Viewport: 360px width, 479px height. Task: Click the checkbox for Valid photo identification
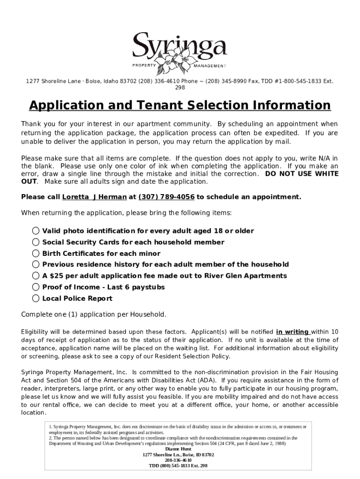click(36, 231)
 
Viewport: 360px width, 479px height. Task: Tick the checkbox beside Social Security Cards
click(36, 242)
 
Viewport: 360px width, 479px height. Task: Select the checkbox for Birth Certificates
click(36, 253)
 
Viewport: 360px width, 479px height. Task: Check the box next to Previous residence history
click(36, 264)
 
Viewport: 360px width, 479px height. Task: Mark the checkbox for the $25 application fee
click(36, 276)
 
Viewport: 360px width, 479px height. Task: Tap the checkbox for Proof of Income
click(36, 287)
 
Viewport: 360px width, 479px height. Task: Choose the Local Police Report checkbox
click(36, 298)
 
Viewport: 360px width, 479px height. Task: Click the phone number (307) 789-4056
click(166, 197)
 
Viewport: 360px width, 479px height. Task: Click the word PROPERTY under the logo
click(144, 65)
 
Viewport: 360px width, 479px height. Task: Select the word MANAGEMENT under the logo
click(210, 66)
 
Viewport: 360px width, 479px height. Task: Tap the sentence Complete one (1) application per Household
click(94, 314)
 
